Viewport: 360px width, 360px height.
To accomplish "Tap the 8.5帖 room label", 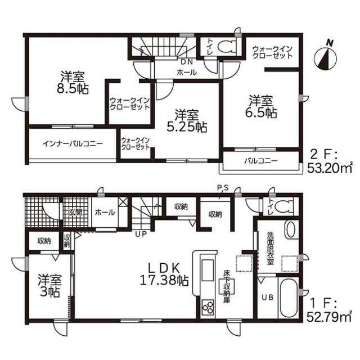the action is coord(73,83).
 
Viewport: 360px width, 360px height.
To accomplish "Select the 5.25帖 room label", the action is coord(187,121).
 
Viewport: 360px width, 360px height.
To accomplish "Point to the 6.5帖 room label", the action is coord(261,107).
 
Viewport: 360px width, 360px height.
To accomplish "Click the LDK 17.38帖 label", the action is coord(164,274).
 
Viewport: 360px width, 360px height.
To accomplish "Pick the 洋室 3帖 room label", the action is coord(50,285).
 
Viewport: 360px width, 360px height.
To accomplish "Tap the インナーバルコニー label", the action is coord(73,144).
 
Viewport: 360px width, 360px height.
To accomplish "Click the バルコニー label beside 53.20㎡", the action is coord(261,160).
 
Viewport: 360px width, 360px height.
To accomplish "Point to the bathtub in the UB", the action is coord(289,298).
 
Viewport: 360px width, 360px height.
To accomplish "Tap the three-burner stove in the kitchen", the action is coord(208,307).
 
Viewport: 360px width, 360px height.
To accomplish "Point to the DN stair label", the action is coord(187,61).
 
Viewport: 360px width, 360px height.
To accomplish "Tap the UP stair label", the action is coord(141,234).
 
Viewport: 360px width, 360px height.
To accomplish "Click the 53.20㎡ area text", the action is coord(330,169).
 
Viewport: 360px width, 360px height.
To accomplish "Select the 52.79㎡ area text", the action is coord(329,318).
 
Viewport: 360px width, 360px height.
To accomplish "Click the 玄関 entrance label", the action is coord(75,213).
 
